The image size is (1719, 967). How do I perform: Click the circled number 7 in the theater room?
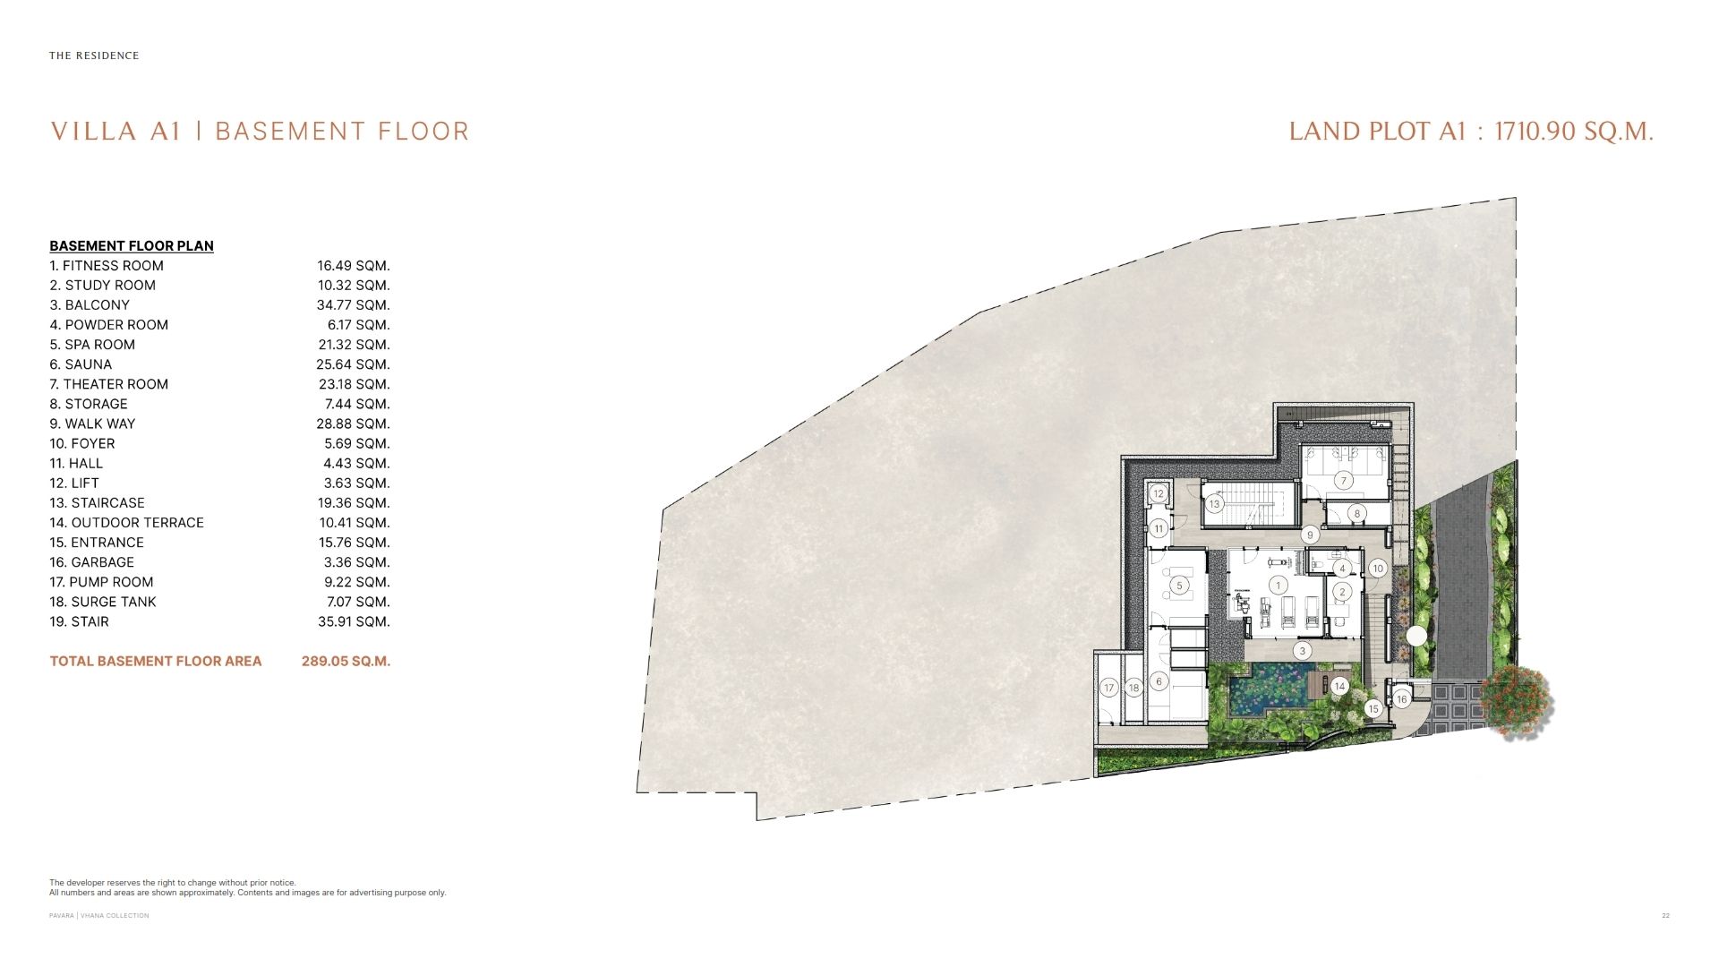pos(1343,481)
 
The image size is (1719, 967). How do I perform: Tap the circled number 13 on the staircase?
pos(1214,504)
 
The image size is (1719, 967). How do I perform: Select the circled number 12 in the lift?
pos(1159,493)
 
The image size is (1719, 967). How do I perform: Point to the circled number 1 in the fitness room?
pos(1279,586)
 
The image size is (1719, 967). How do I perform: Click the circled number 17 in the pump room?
pos(1109,688)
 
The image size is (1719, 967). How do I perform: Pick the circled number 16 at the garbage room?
pos(1402,699)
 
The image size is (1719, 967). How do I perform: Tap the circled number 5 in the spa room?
pos(1179,586)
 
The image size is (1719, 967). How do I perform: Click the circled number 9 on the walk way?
pos(1310,535)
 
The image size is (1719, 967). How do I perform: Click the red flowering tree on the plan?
pos(1517,701)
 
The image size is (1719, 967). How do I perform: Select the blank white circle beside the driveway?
pos(1416,637)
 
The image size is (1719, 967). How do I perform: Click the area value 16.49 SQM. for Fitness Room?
pos(354,266)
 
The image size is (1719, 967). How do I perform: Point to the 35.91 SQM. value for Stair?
pos(354,622)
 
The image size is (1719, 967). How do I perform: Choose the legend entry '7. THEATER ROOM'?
pos(109,384)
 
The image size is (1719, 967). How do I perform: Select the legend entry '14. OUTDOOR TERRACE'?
pos(127,523)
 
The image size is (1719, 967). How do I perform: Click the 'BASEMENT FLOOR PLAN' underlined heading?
pos(132,246)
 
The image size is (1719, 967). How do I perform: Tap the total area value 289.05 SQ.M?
pos(346,662)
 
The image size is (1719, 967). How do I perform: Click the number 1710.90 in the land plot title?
pos(1535,132)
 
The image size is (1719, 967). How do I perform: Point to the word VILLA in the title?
pos(93,133)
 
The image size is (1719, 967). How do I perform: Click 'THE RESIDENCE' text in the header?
pos(94,56)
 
